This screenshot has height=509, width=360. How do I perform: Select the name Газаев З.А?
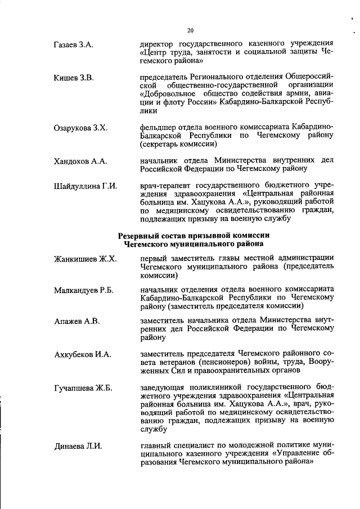(73, 44)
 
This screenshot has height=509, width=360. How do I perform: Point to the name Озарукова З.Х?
(80, 128)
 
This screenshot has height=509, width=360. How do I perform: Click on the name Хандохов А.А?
(80, 161)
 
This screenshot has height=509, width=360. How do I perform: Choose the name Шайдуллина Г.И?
(85, 186)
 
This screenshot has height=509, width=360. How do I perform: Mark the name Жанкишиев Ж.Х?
(85, 259)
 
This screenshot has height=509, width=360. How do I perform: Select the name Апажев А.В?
(76, 321)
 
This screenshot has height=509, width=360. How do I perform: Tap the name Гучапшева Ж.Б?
(83, 389)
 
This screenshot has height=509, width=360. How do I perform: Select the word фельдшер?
(159, 128)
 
